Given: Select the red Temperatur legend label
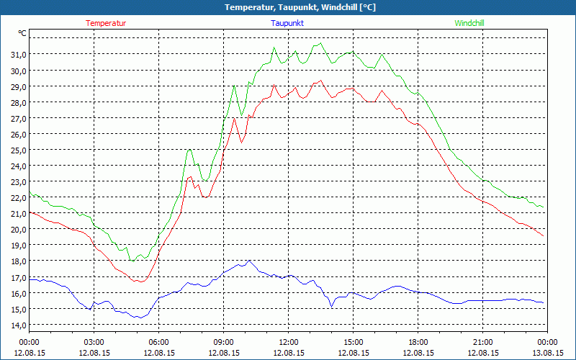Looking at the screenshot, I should pyautogui.click(x=106, y=23).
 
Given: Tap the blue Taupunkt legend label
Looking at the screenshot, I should pyautogui.click(x=287, y=23).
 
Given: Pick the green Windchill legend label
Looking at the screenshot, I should pyautogui.click(x=469, y=23).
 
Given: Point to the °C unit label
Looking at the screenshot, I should pyautogui.click(x=22, y=33).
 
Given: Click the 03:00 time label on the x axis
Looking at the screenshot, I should pyautogui.click(x=94, y=342).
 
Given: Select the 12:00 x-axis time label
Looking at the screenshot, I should pyautogui.click(x=289, y=342).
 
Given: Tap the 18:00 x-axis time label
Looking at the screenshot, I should pyautogui.click(x=418, y=342).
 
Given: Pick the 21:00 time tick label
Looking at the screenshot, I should pyautogui.click(x=483, y=342).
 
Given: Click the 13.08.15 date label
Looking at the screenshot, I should pyautogui.click(x=548, y=353).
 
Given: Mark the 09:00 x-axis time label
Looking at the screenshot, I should pyautogui.click(x=224, y=342).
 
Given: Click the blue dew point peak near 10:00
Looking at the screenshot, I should pyautogui.click(x=248, y=261).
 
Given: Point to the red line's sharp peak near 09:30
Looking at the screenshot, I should pyautogui.click(x=234, y=117).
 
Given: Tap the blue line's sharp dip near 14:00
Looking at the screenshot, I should pyautogui.click(x=331, y=307).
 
